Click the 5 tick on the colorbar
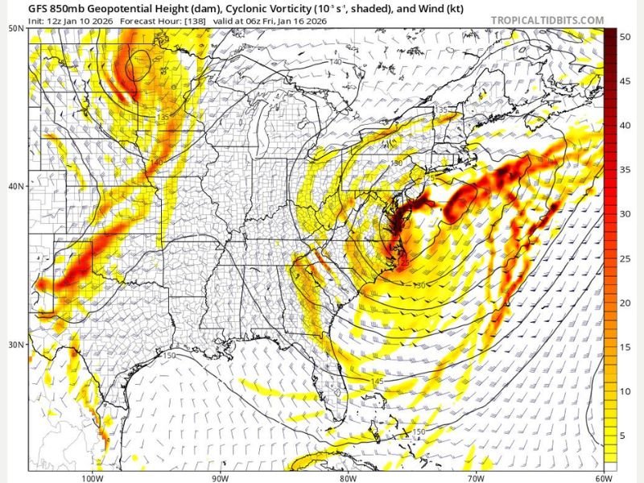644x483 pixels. coord(625,436)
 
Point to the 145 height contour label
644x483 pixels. coord(377,381)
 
